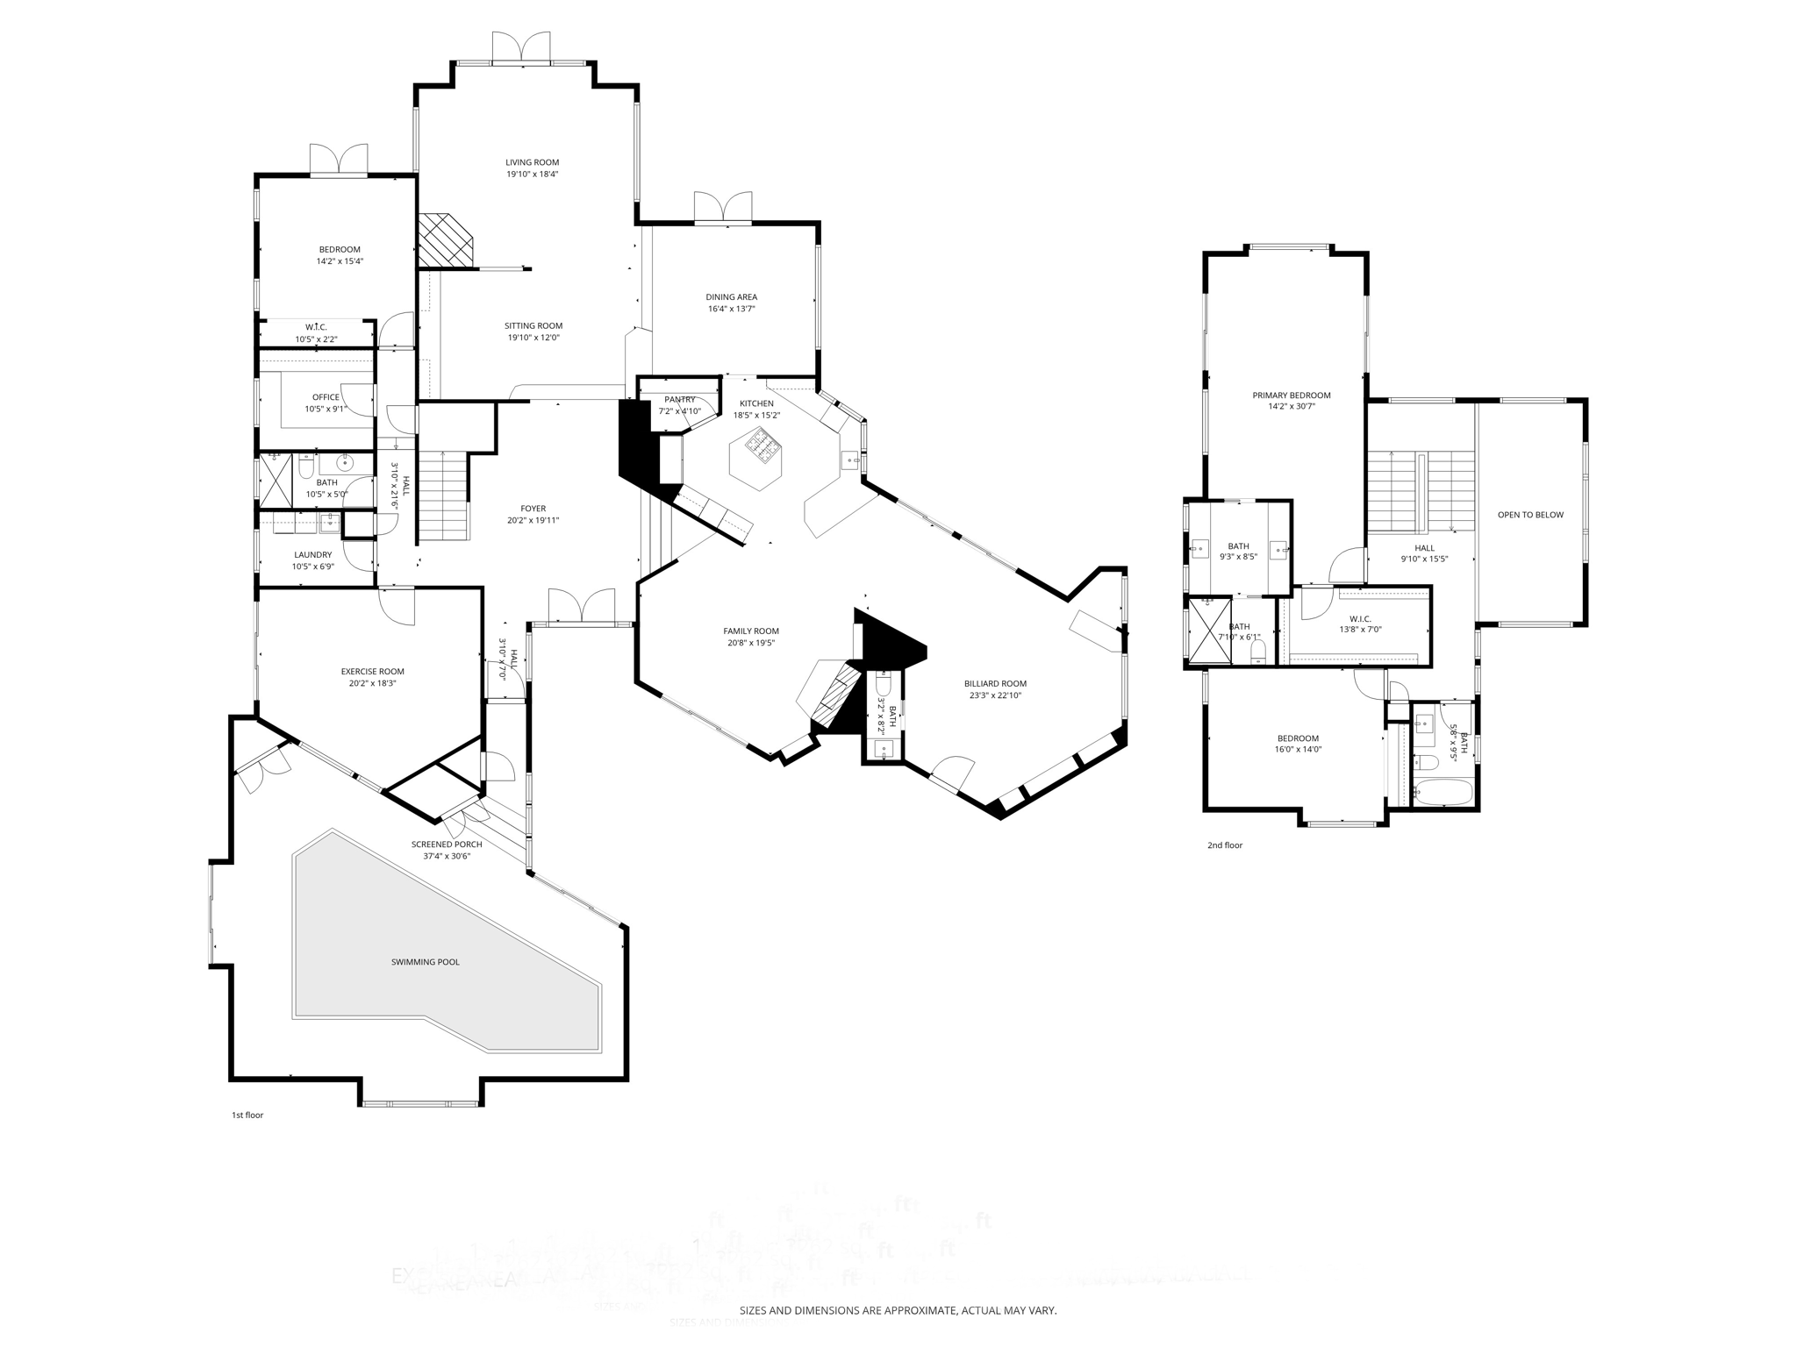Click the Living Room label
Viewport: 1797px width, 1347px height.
pyautogui.click(x=532, y=162)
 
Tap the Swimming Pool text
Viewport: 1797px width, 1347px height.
pyautogui.click(x=425, y=962)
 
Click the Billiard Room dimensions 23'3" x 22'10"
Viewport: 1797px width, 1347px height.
pyautogui.click(x=995, y=695)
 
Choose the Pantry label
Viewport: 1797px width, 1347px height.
pyautogui.click(x=679, y=400)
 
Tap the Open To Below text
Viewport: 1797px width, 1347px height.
pyautogui.click(x=1530, y=515)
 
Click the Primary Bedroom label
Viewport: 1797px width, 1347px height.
pyautogui.click(x=1291, y=396)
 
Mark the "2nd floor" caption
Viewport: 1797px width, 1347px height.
pyautogui.click(x=1225, y=845)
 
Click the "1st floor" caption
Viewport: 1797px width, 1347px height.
pyautogui.click(x=247, y=1115)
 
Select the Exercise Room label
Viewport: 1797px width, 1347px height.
pyautogui.click(x=372, y=672)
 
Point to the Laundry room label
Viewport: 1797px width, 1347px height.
pyautogui.click(x=312, y=555)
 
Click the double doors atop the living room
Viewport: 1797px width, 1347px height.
pyautogui.click(x=521, y=47)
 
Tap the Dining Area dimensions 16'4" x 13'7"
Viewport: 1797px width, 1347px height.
pyautogui.click(x=731, y=309)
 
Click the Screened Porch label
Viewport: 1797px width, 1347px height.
pyautogui.click(x=447, y=845)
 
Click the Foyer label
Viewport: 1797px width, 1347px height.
pyautogui.click(x=533, y=509)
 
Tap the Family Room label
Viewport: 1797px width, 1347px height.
pyautogui.click(x=750, y=631)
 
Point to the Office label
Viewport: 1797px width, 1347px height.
pyautogui.click(x=326, y=397)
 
